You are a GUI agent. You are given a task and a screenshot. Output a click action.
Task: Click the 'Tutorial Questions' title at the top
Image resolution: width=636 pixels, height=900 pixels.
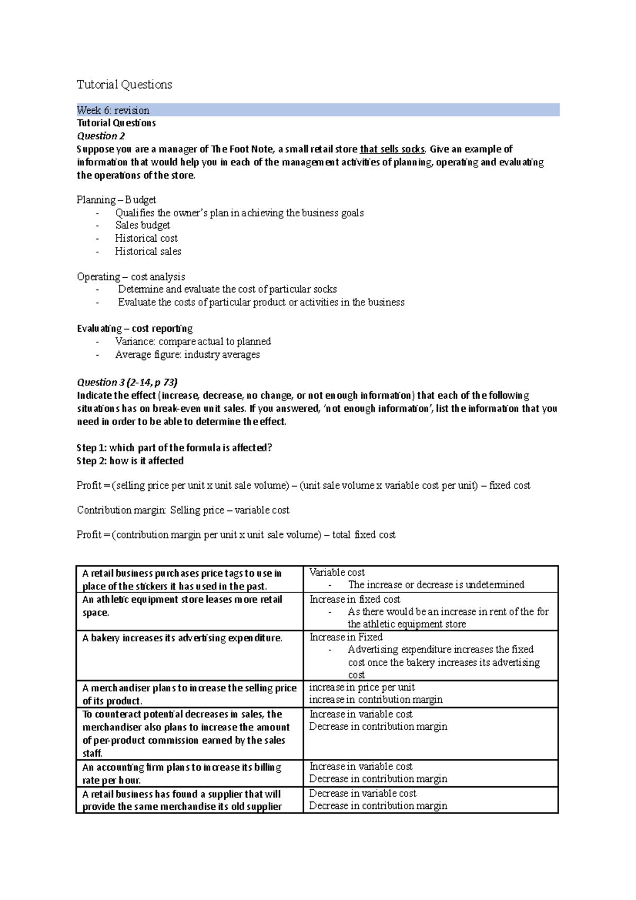click(x=124, y=85)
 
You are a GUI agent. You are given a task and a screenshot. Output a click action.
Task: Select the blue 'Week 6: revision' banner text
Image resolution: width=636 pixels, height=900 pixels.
click(x=113, y=110)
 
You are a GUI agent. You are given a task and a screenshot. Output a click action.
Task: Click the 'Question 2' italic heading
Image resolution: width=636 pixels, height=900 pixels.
click(x=101, y=136)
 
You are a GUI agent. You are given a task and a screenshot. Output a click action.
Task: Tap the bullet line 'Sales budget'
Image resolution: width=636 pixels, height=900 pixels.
click(x=143, y=225)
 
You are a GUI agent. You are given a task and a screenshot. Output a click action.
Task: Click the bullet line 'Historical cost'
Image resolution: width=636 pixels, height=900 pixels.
click(x=146, y=239)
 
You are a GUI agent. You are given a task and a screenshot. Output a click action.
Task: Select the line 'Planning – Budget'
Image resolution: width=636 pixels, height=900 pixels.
click(x=116, y=200)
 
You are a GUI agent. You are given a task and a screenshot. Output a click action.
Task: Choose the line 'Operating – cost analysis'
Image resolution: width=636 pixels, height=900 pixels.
click(x=131, y=277)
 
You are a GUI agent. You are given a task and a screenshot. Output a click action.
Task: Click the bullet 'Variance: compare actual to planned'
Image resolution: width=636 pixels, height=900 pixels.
click(x=193, y=341)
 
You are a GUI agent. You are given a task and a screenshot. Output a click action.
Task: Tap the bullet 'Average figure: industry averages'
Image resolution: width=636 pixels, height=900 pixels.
click(x=187, y=355)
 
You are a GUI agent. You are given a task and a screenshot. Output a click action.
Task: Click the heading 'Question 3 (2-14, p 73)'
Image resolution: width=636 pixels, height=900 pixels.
click(x=127, y=382)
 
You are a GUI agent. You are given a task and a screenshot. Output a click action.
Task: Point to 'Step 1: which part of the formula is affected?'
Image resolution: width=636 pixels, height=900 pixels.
click(x=174, y=447)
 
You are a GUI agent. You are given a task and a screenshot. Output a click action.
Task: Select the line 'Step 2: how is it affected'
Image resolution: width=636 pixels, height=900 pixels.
click(x=130, y=461)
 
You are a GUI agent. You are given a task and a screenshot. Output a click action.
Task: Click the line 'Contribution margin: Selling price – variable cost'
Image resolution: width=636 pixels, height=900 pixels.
click(x=183, y=510)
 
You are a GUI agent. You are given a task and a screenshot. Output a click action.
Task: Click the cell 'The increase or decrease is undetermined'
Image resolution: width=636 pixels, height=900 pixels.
click(x=436, y=585)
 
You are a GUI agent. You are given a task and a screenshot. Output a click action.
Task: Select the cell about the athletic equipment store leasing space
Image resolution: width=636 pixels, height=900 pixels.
click(x=182, y=606)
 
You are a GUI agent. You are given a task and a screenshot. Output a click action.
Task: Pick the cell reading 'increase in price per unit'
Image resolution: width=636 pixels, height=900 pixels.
click(x=362, y=687)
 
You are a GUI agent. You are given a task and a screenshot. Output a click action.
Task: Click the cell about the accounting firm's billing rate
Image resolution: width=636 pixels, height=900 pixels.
click(x=182, y=773)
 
